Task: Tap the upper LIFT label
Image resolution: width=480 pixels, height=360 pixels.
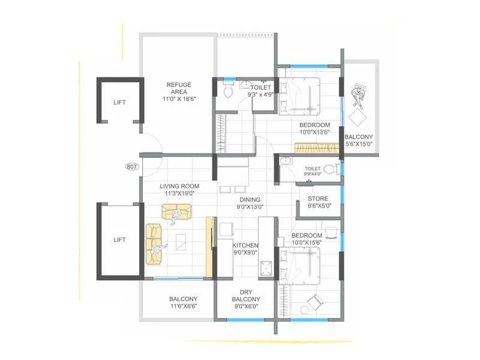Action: point(120,103)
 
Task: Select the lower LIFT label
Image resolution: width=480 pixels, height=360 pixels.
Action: point(119,239)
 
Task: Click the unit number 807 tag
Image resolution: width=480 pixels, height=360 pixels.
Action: point(133,168)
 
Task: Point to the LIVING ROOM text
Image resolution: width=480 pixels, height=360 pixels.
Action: point(179,187)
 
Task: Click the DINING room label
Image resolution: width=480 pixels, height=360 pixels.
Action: point(250,200)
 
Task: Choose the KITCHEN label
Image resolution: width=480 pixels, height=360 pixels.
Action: point(245,245)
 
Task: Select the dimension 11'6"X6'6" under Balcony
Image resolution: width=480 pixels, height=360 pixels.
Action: point(183,306)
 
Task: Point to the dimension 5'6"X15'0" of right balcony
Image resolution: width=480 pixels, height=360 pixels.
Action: point(358,144)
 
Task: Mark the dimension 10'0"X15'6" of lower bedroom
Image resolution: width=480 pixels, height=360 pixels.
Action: point(307,243)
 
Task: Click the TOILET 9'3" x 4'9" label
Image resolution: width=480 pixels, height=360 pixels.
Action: point(261,91)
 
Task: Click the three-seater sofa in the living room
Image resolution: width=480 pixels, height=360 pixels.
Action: point(154,243)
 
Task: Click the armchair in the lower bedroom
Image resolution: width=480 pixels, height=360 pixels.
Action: point(313,303)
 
